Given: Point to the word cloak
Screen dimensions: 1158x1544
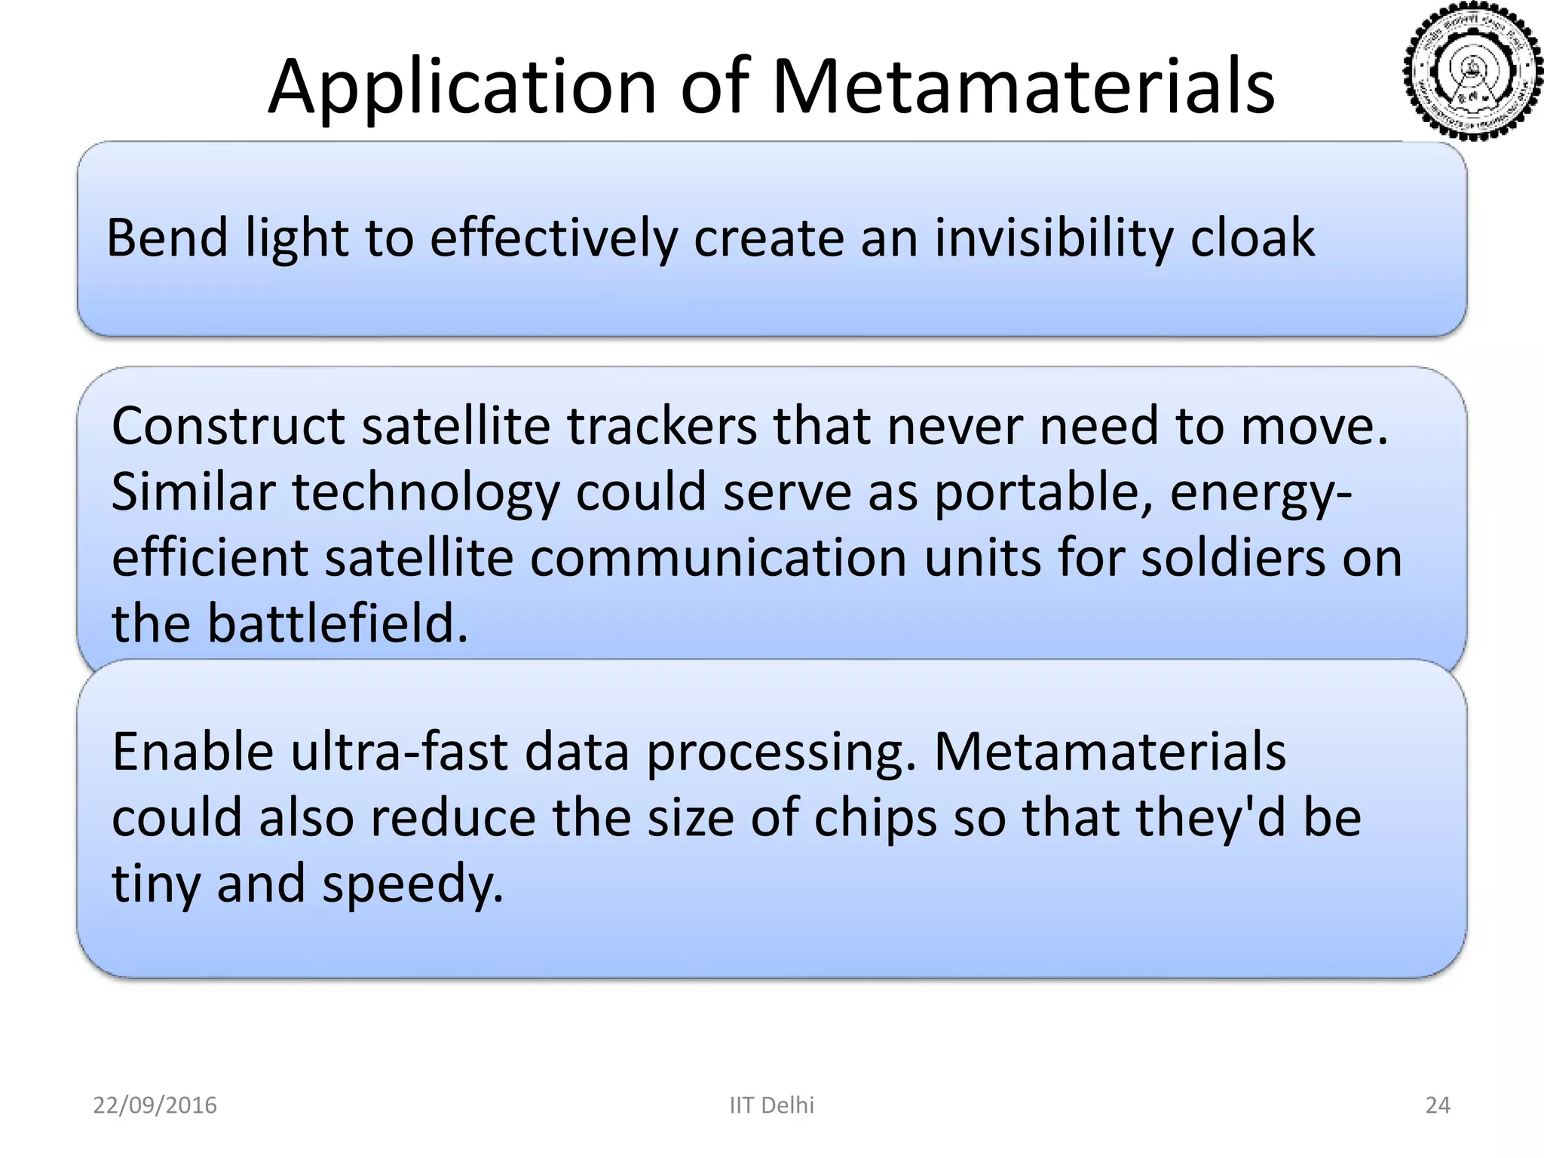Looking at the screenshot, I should point(1252,238).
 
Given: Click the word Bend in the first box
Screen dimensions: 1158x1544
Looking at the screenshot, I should point(167,238).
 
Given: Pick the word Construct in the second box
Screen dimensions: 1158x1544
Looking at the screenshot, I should point(228,427).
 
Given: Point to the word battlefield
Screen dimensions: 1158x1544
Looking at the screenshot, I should point(337,624).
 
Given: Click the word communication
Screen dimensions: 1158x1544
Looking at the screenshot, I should point(718,559).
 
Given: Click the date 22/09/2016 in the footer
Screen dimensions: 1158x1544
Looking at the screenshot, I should point(155,1105).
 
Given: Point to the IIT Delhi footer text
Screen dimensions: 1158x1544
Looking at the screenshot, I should point(772,1105).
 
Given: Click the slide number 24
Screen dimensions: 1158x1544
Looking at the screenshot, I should point(1437,1105).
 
